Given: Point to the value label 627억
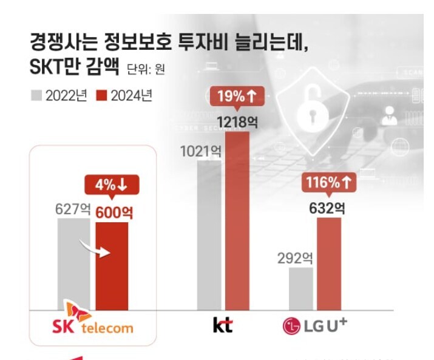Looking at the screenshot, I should pyautogui.click(x=72, y=210).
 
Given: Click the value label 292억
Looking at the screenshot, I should pyautogui.click(x=294, y=258).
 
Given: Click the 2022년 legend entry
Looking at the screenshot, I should pyautogui.click(x=60, y=95).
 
